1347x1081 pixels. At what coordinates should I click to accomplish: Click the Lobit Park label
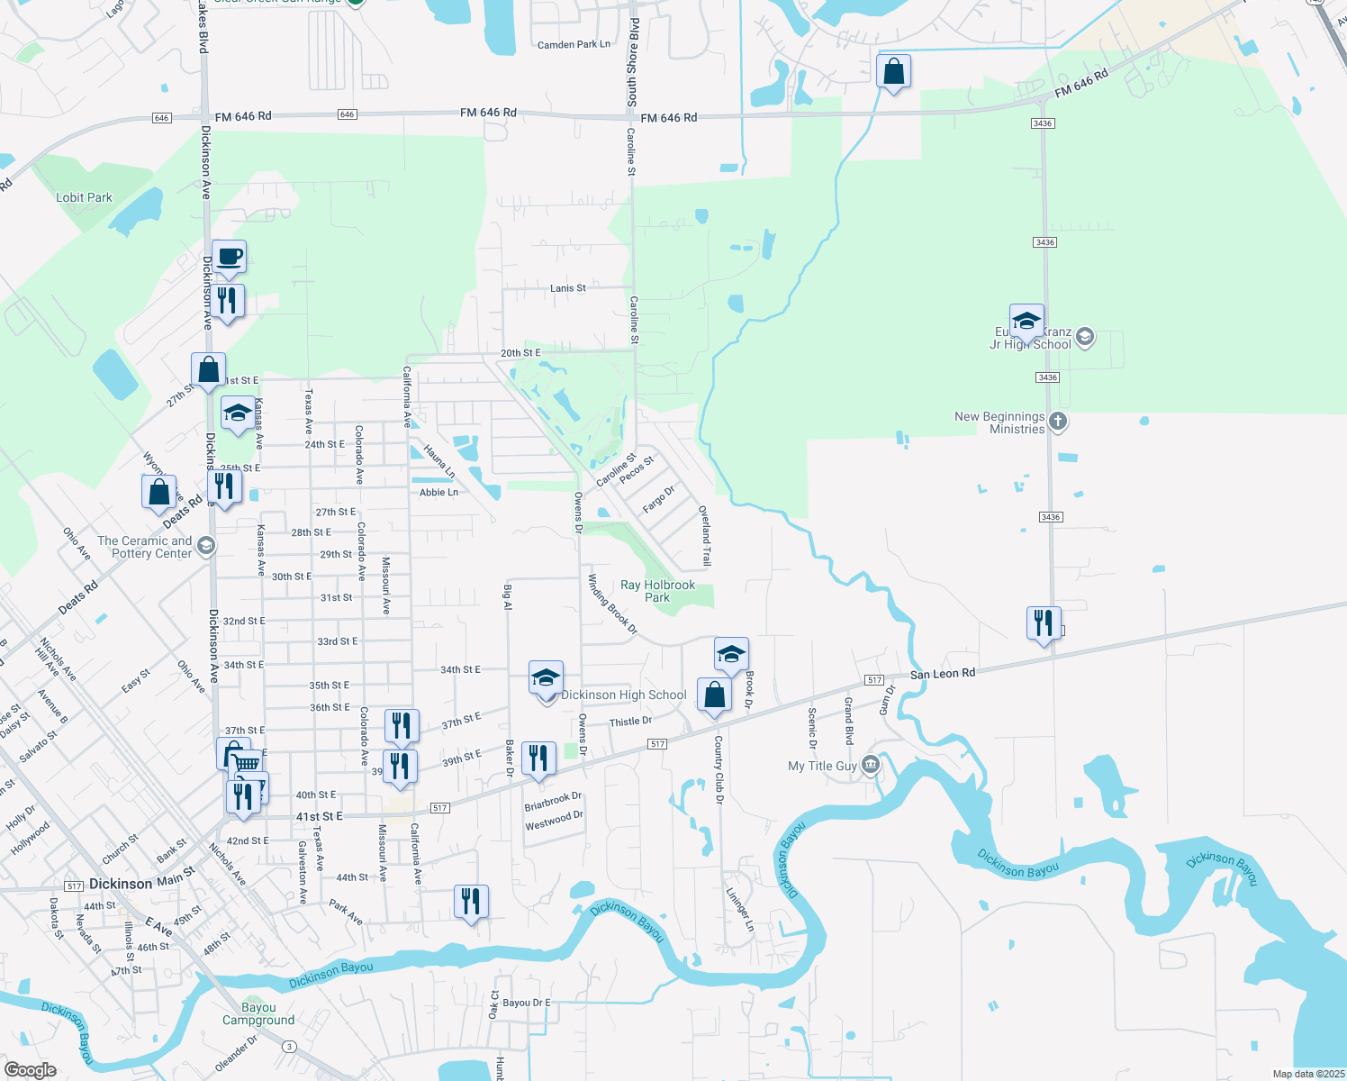(84, 197)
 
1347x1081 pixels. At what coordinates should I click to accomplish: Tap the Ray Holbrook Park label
(657, 591)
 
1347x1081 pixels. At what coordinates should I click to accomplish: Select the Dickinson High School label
(623, 695)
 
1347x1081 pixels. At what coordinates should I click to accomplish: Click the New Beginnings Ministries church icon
(1059, 421)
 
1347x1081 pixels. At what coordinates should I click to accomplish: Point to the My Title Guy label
(822, 766)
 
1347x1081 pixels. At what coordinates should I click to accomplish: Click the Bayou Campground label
(258, 1013)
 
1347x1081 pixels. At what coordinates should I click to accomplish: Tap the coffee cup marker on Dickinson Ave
(229, 258)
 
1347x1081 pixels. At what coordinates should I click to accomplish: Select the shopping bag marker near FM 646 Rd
(893, 72)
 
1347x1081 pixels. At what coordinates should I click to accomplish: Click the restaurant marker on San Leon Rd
(1043, 623)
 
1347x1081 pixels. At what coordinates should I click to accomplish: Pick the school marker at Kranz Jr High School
(1026, 322)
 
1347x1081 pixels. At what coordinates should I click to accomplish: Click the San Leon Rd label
(942, 674)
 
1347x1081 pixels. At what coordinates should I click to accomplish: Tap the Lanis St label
(567, 288)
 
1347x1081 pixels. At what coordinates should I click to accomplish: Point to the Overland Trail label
(705, 535)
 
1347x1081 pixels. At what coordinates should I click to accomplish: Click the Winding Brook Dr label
(612, 604)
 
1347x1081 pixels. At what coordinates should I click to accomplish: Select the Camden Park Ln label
(574, 44)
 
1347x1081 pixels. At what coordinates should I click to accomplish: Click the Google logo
(30, 1070)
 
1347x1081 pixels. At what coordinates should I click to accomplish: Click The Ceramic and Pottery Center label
(144, 547)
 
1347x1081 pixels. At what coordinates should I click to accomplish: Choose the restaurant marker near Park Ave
(471, 902)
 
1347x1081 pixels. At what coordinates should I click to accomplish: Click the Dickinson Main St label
(142, 880)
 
